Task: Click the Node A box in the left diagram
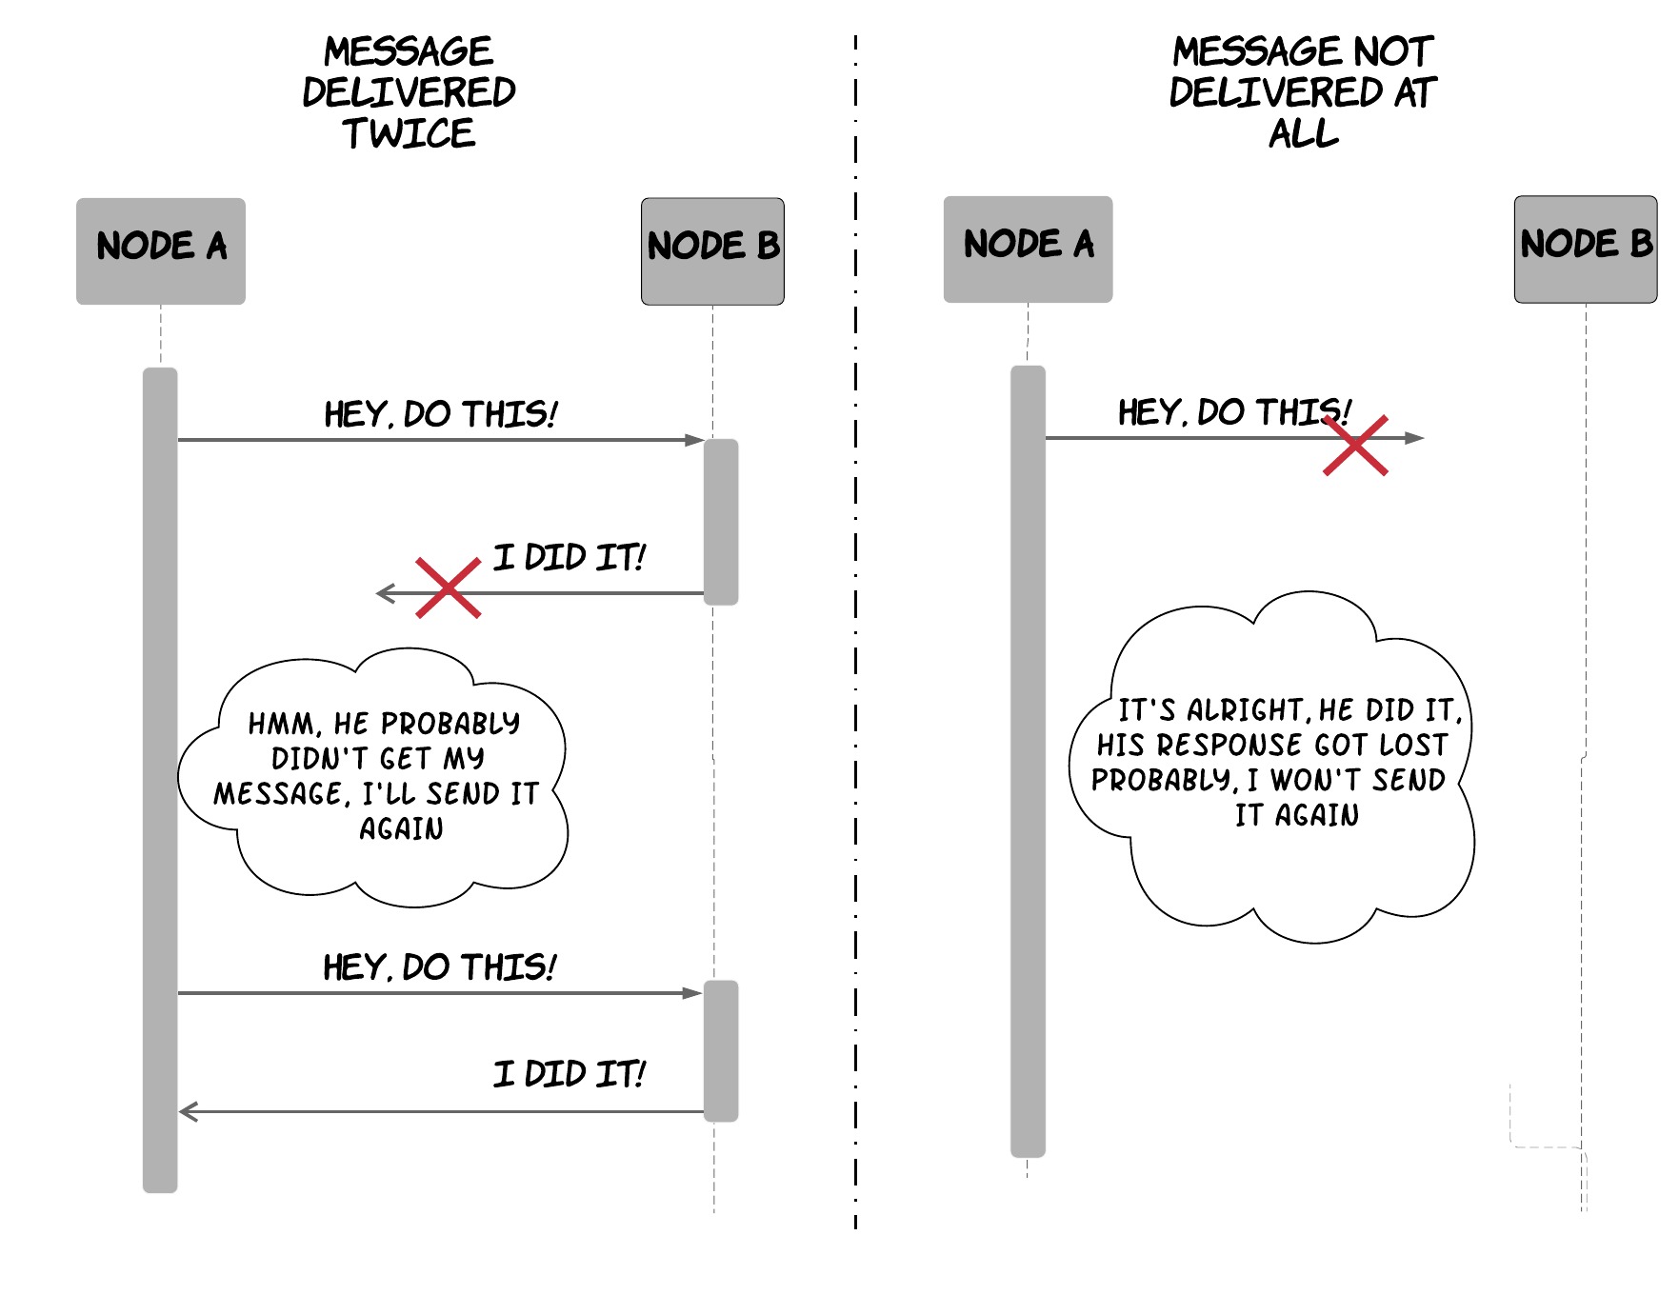[161, 251]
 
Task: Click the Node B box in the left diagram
[712, 251]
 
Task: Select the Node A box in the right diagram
[1028, 249]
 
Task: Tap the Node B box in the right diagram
[1586, 249]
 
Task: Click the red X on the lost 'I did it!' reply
[449, 588]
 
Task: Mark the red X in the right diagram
[1355, 445]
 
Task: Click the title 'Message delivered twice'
[410, 92]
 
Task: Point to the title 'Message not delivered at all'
[1303, 92]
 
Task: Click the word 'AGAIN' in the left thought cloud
[401, 828]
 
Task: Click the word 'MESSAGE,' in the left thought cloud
[281, 793]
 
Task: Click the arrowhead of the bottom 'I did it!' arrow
[188, 1111]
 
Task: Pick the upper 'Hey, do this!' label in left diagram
[441, 414]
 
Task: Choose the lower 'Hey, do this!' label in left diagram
[440, 967]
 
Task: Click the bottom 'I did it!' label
[570, 1074]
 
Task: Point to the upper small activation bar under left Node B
[721, 522]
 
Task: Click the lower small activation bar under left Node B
[721, 1051]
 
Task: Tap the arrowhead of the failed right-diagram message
[1415, 438]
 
